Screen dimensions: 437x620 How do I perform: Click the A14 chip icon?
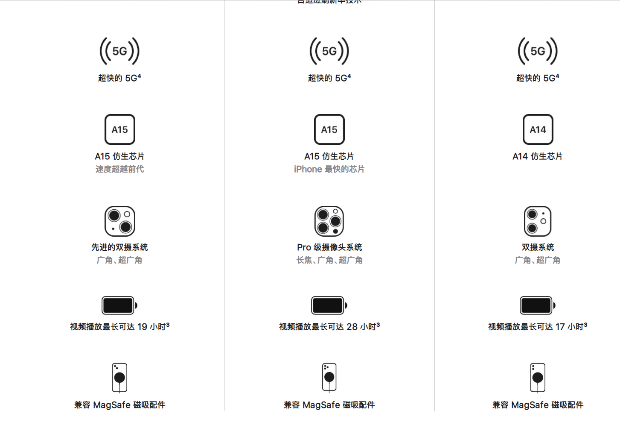pyautogui.click(x=538, y=129)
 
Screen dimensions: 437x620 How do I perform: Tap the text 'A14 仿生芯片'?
pyautogui.click(x=538, y=156)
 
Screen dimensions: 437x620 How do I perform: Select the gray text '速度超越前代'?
pyautogui.click(x=119, y=169)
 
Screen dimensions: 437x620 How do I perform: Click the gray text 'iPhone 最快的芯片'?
pyautogui.click(x=329, y=169)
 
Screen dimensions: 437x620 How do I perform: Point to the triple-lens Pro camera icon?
pyautogui.click(x=329, y=221)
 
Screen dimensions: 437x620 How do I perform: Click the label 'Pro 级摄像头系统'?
pyautogui.click(x=329, y=247)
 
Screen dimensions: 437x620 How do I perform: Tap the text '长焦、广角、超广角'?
pyautogui.click(x=329, y=260)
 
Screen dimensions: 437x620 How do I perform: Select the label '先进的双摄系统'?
pyautogui.click(x=119, y=247)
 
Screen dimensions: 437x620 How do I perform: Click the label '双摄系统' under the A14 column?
pyautogui.click(x=538, y=247)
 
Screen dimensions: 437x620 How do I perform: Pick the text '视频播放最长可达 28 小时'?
pyautogui.click(x=329, y=327)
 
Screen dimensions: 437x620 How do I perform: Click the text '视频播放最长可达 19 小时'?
pyautogui.click(x=119, y=327)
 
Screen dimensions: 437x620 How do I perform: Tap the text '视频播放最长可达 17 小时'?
pyautogui.click(x=538, y=327)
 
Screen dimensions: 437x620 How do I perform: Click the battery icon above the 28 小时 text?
pyautogui.click(x=329, y=305)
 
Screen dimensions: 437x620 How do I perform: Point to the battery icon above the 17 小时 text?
pyautogui.click(x=538, y=305)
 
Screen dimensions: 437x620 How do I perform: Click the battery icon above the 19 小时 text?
pyautogui.click(x=119, y=305)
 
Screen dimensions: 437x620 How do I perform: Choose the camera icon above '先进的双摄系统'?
pyautogui.click(x=119, y=221)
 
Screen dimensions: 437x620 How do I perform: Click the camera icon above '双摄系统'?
pyautogui.click(x=538, y=221)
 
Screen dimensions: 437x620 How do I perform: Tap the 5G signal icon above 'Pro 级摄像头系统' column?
pyautogui.click(x=329, y=51)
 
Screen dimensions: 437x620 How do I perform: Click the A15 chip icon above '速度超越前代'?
pyautogui.click(x=119, y=129)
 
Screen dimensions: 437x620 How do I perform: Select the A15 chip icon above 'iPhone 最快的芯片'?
pyautogui.click(x=329, y=129)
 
